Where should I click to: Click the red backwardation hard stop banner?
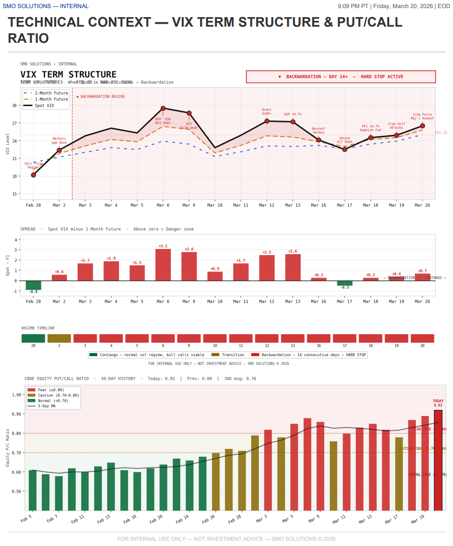(x=341, y=77)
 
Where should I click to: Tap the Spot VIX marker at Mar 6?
(x=163, y=109)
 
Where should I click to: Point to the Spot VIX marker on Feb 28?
(x=33, y=175)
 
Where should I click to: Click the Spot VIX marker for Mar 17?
(x=345, y=149)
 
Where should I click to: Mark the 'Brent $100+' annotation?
(x=266, y=112)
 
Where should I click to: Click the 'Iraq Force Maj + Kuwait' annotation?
(x=422, y=116)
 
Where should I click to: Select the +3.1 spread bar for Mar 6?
(x=163, y=265)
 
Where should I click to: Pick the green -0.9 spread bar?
(x=33, y=285)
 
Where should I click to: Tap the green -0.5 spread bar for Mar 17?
(x=345, y=283)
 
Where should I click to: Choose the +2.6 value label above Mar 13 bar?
(x=293, y=251)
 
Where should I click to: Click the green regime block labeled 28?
(x=33, y=338)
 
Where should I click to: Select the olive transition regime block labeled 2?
(x=59, y=338)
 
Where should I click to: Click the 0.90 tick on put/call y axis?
(x=17, y=414)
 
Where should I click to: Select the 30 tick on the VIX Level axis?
(x=14, y=106)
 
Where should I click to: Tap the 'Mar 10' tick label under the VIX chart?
(x=215, y=205)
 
